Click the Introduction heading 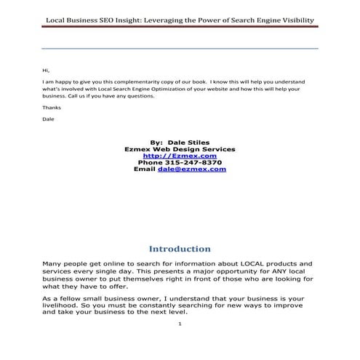tap(180, 249)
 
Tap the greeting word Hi tap(46, 70)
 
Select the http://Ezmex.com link tap(180, 156)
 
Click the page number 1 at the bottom tap(180, 344)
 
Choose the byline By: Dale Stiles tap(180, 143)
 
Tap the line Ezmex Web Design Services tap(180, 149)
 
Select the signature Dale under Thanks tap(49, 119)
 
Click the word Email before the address tap(145, 169)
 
